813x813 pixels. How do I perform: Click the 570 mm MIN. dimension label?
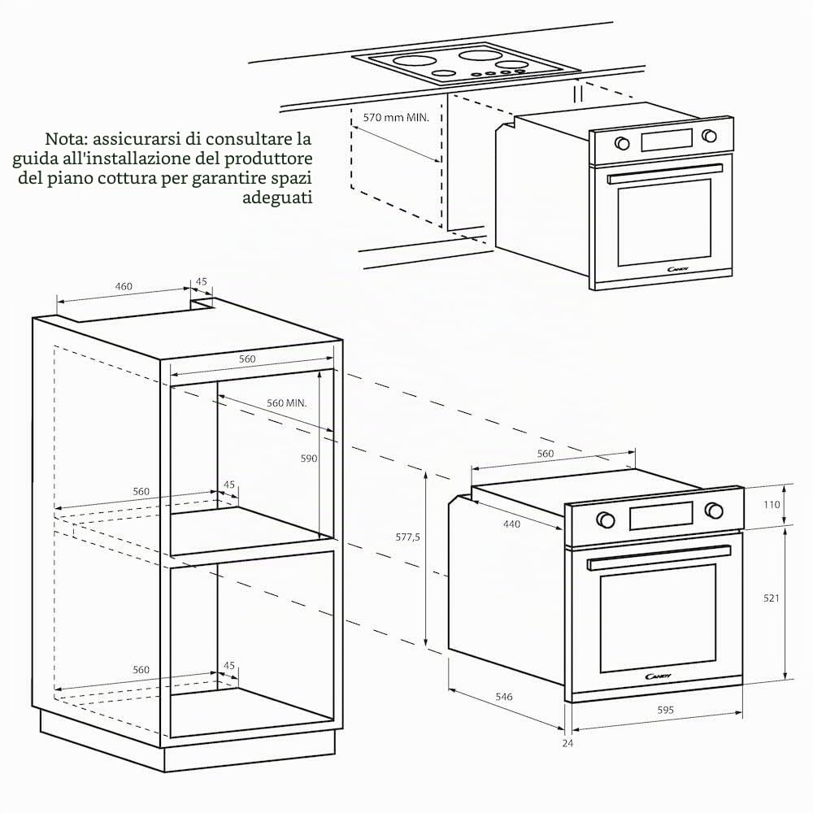396,117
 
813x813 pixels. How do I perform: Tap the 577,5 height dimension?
407,537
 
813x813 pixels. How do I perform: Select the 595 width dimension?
665,710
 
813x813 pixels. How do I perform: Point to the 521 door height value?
771,598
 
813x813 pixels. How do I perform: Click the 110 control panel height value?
772,505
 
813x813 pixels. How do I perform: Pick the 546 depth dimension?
503,697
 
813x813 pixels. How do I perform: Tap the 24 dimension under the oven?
567,743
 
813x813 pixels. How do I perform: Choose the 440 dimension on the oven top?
511,524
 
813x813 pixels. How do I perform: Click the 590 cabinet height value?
308,459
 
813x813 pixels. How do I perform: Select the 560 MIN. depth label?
287,403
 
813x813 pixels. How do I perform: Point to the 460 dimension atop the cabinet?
124,286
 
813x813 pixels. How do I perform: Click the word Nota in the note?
63,139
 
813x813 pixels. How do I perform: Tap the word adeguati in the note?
277,198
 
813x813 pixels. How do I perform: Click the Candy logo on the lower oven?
658,676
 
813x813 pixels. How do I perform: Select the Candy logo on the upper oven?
678,269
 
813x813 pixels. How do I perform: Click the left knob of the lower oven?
605,519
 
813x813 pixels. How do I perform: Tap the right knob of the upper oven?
709,136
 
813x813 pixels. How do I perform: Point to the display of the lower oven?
661,515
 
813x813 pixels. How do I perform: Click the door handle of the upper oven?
665,174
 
